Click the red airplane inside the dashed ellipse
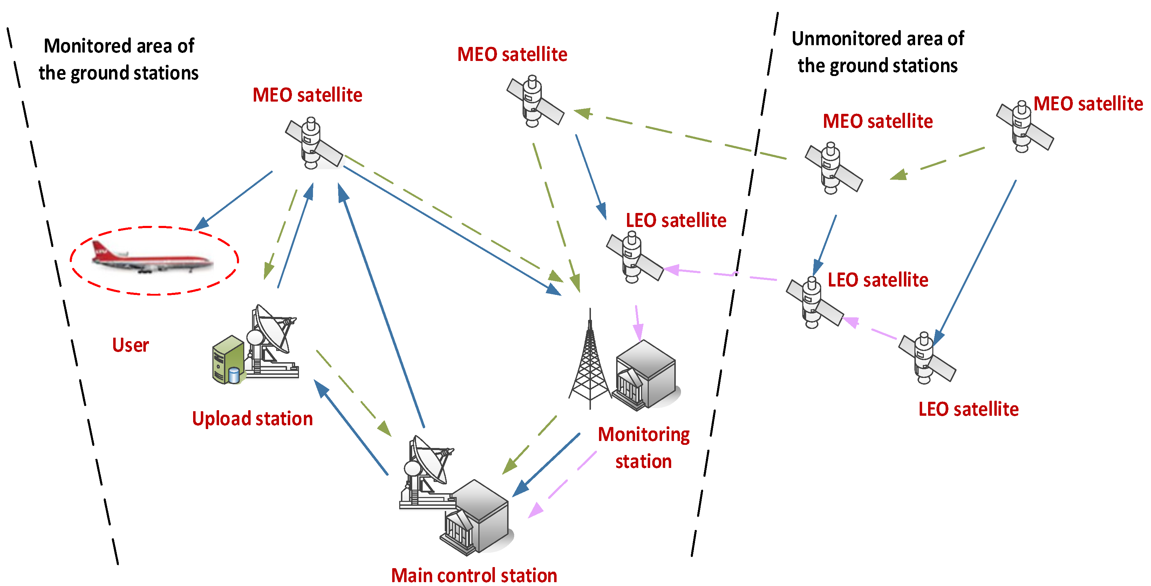[152, 258]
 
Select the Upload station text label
[252, 419]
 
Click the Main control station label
[474, 575]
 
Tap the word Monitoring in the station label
[643, 435]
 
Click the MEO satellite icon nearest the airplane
[313, 144]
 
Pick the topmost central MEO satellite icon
[534, 102]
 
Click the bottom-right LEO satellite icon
[926, 358]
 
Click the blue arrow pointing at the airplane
[234, 198]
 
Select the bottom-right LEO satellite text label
[968, 409]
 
